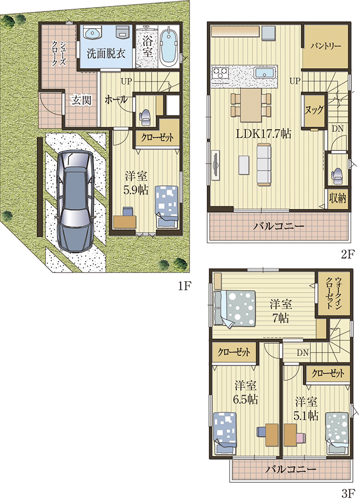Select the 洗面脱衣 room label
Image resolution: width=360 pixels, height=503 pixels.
point(106,53)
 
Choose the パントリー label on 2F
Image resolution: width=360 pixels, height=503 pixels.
point(325,46)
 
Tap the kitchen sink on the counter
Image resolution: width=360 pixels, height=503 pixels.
point(265,72)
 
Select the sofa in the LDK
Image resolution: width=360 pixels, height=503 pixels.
point(264,165)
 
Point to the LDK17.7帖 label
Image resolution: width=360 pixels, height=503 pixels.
point(263,133)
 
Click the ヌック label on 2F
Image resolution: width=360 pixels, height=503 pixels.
point(314,110)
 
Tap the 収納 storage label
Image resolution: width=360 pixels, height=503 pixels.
point(338,198)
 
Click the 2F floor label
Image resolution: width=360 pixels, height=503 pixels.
point(347,254)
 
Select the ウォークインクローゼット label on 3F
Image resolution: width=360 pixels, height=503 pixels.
point(334,293)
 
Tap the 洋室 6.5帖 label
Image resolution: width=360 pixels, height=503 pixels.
point(245,392)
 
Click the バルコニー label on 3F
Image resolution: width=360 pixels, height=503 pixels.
point(291,469)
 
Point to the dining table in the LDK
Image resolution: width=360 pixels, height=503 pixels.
point(251,105)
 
